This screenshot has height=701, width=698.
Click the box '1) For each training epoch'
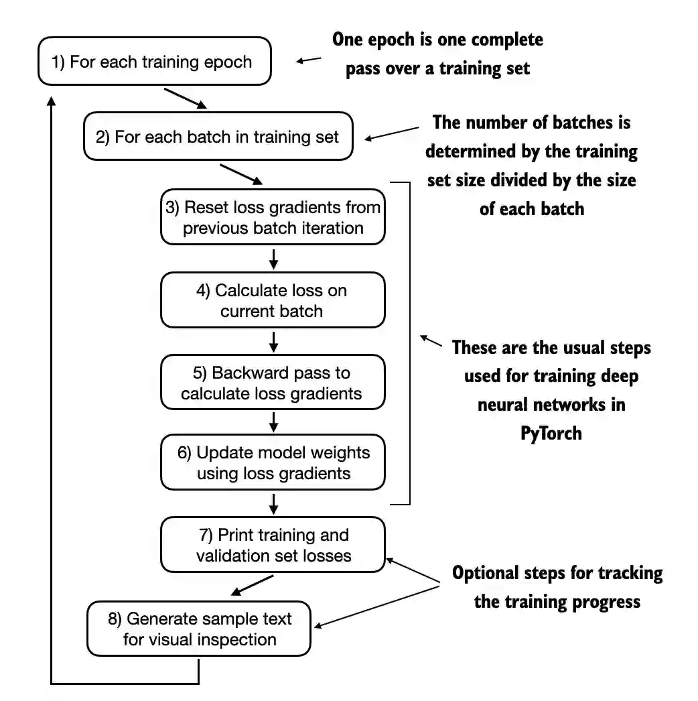pyautogui.click(x=155, y=62)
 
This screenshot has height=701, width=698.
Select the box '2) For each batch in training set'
pyautogui.click(x=218, y=137)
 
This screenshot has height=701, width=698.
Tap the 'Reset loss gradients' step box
pyautogui.click(x=273, y=217)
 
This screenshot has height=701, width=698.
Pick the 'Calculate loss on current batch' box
pyautogui.click(x=273, y=300)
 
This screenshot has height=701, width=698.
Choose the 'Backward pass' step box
pyautogui.click(x=273, y=383)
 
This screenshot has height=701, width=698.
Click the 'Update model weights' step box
pyautogui.click(x=273, y=462)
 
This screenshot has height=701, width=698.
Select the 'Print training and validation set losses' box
pyautogui.click(x=273, y=545)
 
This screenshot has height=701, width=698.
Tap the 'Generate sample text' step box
pyautogui.click(x=199, y=629)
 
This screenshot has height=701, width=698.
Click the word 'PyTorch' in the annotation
pyautogui.click(x=551, y=433)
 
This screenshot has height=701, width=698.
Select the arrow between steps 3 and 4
pyautogui.click(x=273, y=258)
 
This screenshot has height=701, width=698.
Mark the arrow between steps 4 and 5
pyautogui.click(x=273, y=340)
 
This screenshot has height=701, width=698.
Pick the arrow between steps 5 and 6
pyautogui.click(x=273, y=422)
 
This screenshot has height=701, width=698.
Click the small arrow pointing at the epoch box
pyautogui.click(x=309, y=60)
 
